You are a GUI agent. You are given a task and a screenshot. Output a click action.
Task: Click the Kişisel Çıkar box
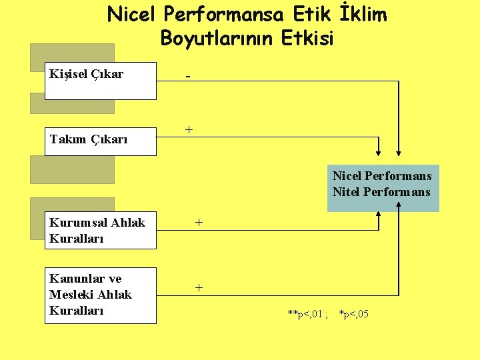pyautogui.click(x=100, y=81)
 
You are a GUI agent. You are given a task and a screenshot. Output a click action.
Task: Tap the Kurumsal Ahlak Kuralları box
pyautogui.click(x=100, y=231)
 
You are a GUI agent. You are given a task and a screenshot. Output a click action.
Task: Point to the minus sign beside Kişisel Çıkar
pyautogui.click(x=188, y=77)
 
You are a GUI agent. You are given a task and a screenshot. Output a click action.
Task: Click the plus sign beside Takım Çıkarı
pyautogui.click(x=189, y=129)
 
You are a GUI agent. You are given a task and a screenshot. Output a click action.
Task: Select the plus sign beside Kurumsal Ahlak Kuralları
pyautogui.click(x=199, y=222)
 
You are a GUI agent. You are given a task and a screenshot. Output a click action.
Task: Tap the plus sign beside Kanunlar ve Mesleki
pyautogui.click(x=199, y=287)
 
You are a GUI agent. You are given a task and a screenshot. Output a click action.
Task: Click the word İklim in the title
pyautogui.click(x=361, y=15)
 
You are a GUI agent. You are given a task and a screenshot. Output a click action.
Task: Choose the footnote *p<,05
pyautogui.click(x=354, y=313)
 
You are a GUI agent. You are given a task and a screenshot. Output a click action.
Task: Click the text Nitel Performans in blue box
pyautogui.click(x=382, y=193)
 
